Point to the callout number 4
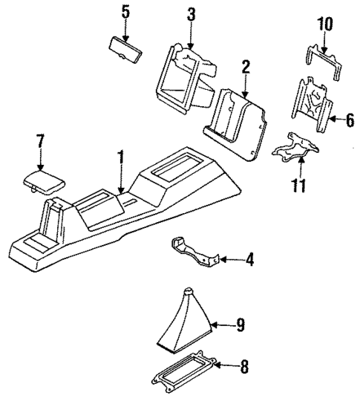[249, 260]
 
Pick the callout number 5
[125, 13]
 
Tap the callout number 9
[240, 324]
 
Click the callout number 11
[298, 184]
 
